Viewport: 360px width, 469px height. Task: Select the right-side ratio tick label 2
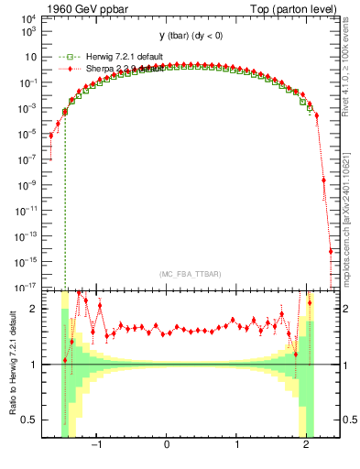348,309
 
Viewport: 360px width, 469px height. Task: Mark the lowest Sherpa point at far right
331,252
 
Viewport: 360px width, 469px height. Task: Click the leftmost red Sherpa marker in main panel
51,136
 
